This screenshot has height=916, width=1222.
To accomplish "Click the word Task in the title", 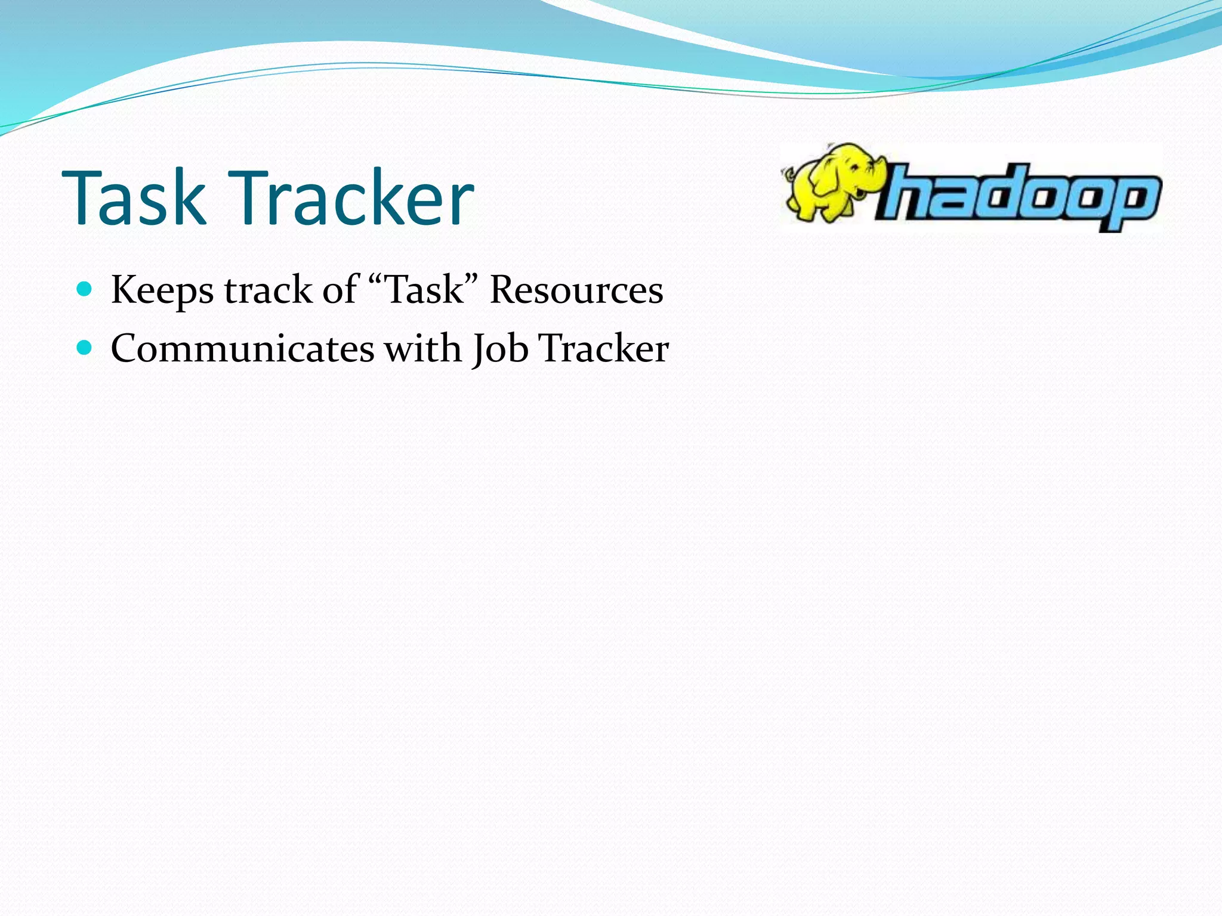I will pos(134,198).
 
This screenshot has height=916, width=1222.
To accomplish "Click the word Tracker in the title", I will pos(356,198).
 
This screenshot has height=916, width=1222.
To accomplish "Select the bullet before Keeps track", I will pos(85,290).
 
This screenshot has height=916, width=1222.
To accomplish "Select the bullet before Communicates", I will pos(85,348).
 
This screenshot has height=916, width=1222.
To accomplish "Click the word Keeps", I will pos(162,291).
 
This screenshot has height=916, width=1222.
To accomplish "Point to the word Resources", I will pos(576,290).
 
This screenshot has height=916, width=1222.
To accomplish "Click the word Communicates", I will pos(242,348).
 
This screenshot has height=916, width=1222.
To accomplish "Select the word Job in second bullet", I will pos(500,349).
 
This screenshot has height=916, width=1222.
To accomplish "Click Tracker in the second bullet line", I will pos(603,348).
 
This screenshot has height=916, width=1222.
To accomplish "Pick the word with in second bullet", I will pos(422,348).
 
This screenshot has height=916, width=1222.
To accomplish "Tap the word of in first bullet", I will pos(340,290).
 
